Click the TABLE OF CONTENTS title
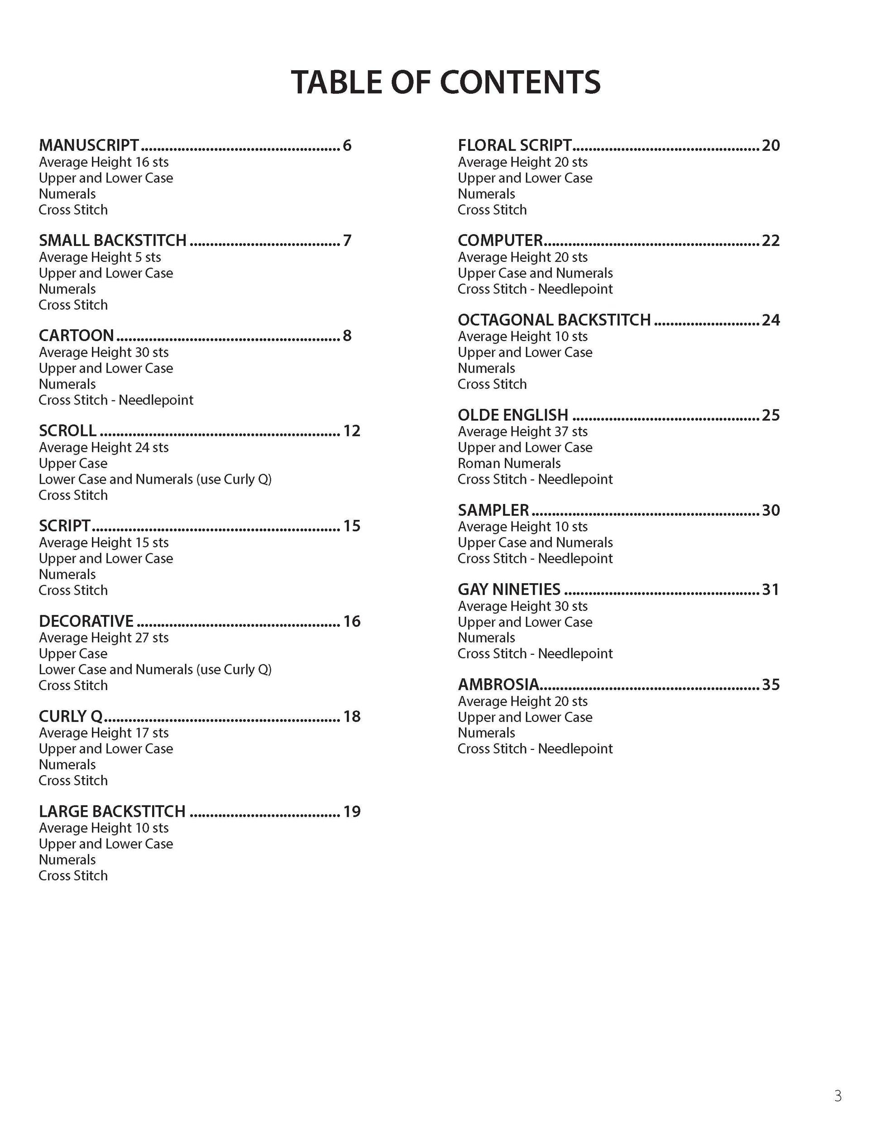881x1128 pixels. pos(445,82)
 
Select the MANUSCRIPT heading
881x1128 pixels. pos(89,145)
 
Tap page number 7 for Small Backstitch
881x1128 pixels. pos(347,241)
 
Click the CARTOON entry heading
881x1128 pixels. pos(77,336)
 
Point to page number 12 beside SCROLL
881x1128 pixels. pos(352,431)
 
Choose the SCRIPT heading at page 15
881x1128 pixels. pos(65,526)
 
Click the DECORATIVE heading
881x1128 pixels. pos(86,621)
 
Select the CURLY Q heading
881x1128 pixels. pos(71,716)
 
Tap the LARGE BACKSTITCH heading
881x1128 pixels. pos(112,811)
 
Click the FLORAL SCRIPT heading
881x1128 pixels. pos(514,145)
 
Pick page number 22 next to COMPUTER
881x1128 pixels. pos(771,241)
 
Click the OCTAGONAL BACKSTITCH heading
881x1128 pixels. pos(554,320)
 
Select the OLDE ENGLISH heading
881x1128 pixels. pos(513,415)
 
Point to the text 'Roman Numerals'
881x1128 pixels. pos(509,463)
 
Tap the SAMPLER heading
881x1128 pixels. pos(493,510)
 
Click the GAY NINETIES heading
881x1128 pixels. pos(509,590)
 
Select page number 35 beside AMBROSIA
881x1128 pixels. pos(771,685)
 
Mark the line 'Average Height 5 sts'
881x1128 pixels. pos(100,257)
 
